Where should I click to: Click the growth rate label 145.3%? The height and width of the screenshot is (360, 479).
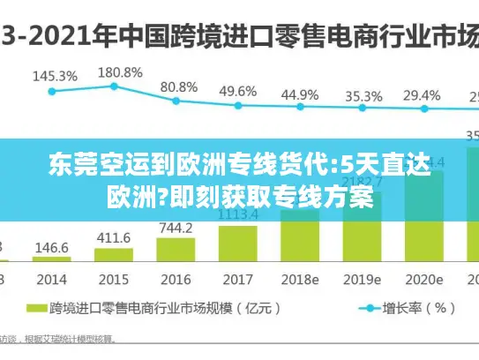click(x=55, y=76)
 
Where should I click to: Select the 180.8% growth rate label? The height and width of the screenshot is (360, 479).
click(x=119, y=71)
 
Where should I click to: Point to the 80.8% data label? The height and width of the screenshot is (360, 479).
click(x=179, y=86)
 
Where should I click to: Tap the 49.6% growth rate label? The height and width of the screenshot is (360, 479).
click(x=238, y=91)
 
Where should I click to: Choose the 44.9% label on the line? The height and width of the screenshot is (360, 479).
click(x=300, y=94)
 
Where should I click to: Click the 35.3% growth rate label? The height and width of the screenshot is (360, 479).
click(x=363, y=96)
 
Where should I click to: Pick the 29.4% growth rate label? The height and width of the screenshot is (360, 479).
click(x=422, y=95)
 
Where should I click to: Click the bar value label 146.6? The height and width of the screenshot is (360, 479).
click(x=52, y=248)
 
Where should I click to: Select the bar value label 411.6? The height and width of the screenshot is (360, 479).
click(x=113, y=237)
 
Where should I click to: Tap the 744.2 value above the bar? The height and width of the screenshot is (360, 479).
click(x=176, y=227)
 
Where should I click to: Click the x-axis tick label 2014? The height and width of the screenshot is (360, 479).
click(x=51, y=278)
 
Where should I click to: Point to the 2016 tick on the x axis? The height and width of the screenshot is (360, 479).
click(x=175, y=278)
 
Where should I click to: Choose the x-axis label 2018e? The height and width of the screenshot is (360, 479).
click(x=300, y=278)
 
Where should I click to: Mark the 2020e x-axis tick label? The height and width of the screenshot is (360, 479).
click(x=423, y=278)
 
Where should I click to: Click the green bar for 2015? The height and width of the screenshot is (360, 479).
click(x=114, y=255)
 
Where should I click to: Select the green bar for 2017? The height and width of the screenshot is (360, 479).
click(x=238, y=244)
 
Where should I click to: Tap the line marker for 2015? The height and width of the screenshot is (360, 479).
click(x=115, y=86)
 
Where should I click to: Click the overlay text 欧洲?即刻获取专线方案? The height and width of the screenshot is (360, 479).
click(x=239, y=194)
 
